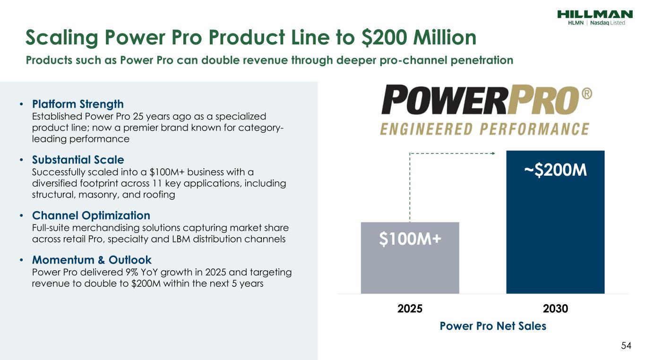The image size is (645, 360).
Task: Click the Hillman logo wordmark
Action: [595, 14]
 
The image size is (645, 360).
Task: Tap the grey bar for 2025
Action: [410, 258]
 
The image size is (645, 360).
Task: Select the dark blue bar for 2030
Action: [555, 222]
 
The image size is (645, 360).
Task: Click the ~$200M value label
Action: [555, 170]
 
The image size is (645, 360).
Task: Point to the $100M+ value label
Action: [410, 239]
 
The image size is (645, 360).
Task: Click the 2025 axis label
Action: [410, 309]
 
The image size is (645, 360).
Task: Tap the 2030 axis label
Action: [555, 309]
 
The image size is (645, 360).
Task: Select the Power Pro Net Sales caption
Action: [493, 326]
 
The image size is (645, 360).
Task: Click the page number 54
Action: [626, 345]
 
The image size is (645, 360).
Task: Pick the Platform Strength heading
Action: [78, 104]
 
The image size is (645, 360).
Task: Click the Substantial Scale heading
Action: [78, 160]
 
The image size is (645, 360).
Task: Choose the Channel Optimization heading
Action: [91, 215]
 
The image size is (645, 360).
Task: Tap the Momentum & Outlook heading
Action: [92, 260]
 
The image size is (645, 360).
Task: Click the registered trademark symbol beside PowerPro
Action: [587, 94]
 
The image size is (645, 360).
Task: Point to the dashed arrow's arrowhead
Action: [493, 153]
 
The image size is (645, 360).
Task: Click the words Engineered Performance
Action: [485, 129]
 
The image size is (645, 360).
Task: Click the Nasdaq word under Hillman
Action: [600, 23]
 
